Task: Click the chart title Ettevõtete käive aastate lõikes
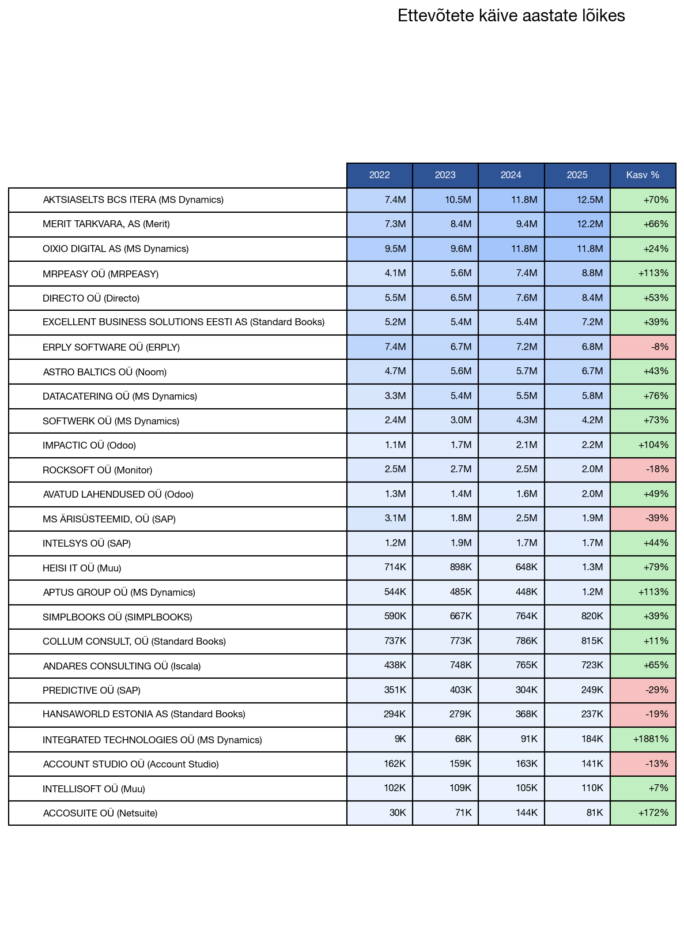click(511, 16)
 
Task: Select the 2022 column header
click(379, 175)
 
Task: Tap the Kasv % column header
click(643, 175)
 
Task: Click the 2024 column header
click(511, 175)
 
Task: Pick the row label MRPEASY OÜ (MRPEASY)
click(100, 274)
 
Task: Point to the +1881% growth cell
click(651, 739)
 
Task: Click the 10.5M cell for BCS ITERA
click(458, 200)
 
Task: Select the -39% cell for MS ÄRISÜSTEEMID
click(656, 518)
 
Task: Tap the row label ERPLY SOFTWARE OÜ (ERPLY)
click(111, 347)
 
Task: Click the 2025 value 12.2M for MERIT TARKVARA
click(589, 224)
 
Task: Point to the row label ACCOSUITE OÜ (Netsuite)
click(100, 814)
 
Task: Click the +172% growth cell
click(653, 813)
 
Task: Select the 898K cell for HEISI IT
click(460, 567)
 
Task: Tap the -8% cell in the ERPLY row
click(659, 347)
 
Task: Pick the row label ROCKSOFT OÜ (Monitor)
click(97, 471)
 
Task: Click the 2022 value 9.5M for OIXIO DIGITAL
click(395, 249)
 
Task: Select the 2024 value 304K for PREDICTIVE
click(526, 690)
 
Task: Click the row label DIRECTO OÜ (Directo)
click(91, 299)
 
